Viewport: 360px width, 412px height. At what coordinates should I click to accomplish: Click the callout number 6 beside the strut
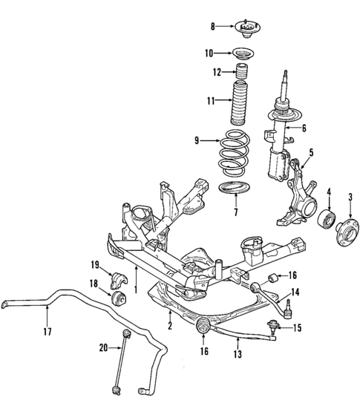304,128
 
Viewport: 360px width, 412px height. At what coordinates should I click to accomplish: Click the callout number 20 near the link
103,347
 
